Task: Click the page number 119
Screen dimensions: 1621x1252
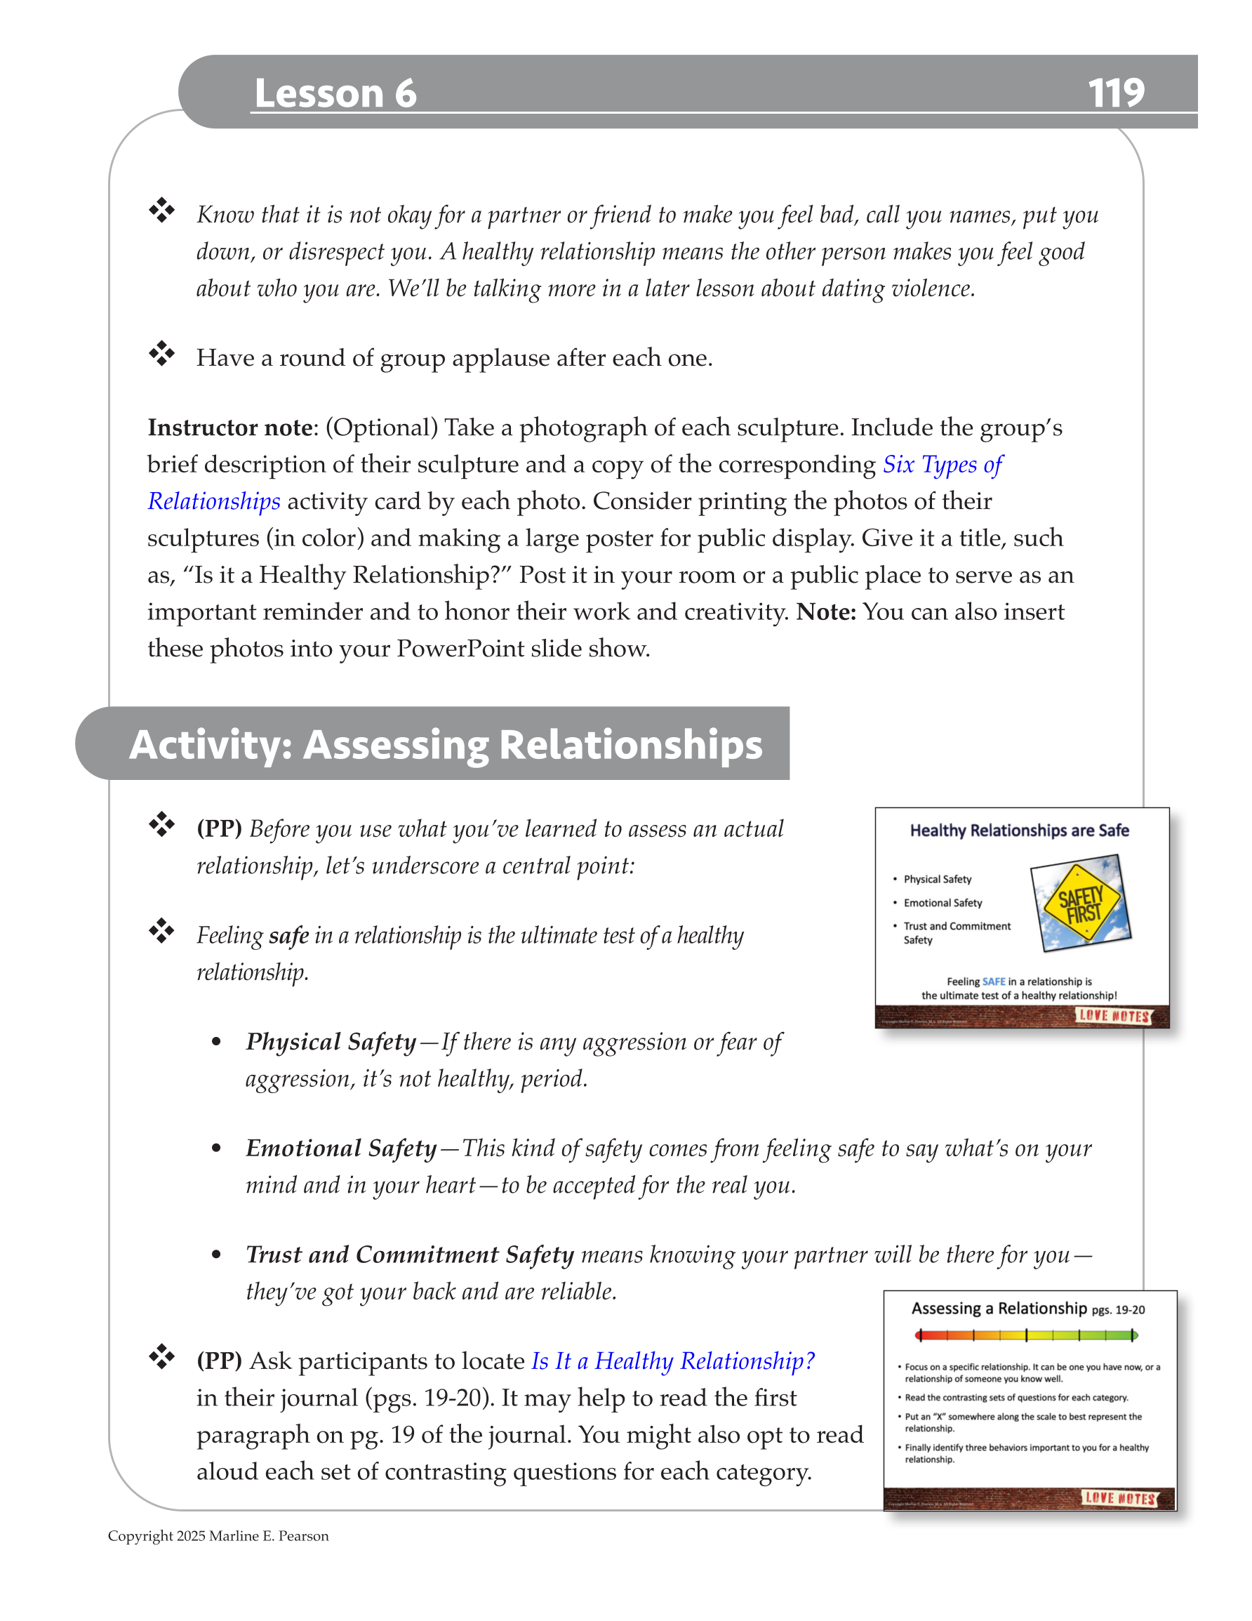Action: [x=1114, y=93]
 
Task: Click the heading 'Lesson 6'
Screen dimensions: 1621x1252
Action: [x=335, y=93]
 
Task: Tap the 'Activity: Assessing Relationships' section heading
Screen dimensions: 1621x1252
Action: [x=445, y=744]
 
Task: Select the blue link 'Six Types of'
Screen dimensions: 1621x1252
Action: [x=942, y=465]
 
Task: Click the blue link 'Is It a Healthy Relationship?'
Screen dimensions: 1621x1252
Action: [x=672, y=1361]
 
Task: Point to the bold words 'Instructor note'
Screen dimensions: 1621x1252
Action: [x=229, y=428]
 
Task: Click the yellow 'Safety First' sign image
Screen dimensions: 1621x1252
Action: [x=1081, y=904]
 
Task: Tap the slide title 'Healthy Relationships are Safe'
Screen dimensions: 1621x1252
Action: [x=1019, y=831]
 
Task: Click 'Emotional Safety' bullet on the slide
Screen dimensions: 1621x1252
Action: [x=942, y=903]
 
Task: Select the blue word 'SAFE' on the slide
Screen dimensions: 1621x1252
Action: [x=994, y=981]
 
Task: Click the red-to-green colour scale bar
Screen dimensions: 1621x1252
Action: [x=1025, y=1335]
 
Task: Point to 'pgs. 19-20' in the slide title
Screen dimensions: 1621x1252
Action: [x=1118, y=1310]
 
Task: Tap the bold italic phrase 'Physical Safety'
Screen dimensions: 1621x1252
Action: [x=331, y=1042]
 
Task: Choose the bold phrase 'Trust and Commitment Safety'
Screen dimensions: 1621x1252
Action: [x=410, y=1255]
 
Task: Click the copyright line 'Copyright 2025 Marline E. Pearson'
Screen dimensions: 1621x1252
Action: [x=218, y=1535]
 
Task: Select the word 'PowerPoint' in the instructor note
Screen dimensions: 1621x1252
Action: [x=465, y=649]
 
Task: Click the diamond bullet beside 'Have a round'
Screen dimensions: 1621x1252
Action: [x=161, y=354]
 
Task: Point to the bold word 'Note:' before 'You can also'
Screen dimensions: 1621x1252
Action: [x=826, y=612]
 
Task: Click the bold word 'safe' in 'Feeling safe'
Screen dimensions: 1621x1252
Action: [x=288, y=936]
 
